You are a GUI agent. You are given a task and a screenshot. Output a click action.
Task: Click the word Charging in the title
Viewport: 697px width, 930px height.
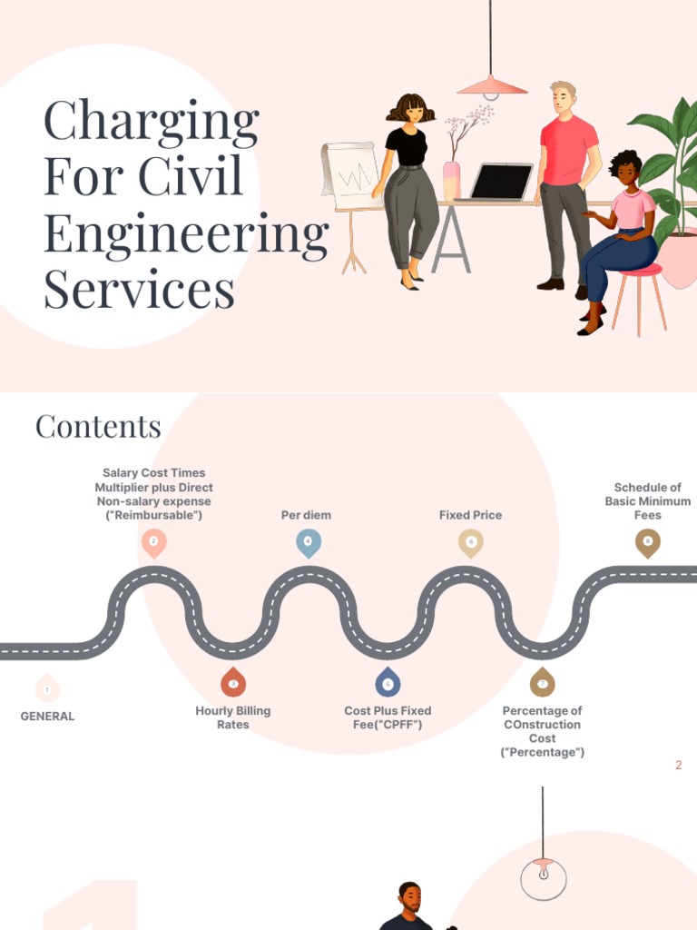[x=152, y=124]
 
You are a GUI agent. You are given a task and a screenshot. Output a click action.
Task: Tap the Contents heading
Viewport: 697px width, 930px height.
[x=98, y=426]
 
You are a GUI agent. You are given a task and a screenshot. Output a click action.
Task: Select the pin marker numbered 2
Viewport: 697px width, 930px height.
[x=153, y=542]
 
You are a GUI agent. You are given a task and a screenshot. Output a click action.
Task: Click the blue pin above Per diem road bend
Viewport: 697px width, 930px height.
[x=309, y=542]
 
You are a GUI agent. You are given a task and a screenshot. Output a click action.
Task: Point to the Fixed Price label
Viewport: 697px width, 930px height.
[x=470, y=515]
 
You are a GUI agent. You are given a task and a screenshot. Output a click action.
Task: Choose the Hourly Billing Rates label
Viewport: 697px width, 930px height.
[x=233, y=717]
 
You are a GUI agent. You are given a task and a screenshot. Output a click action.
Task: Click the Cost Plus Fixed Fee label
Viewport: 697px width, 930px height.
[x=388, y=717]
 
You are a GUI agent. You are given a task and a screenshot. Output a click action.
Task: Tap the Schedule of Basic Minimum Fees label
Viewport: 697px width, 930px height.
[x=648, y=501]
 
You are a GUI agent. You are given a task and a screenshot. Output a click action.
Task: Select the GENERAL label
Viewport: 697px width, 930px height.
[x=47, y=717]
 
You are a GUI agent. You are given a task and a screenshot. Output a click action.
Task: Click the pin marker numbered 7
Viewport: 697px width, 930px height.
[x=542, y=683]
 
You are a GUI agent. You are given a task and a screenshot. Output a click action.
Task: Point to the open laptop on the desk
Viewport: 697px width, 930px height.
[x=500, y=182]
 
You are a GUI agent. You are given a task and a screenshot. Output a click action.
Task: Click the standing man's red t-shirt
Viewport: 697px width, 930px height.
[x=569, y=150]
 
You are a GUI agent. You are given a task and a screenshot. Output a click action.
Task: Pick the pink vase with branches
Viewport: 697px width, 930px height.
[x=451, y=180]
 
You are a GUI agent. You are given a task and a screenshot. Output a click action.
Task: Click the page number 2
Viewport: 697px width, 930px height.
[x=678, y=766]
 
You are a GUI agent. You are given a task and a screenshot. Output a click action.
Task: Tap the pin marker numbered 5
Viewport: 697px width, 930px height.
[x=388, y=683]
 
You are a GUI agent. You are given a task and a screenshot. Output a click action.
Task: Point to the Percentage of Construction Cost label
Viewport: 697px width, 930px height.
[x=542, y=731]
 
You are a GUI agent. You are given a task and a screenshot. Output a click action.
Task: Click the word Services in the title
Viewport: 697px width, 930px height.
[x=139, y=291]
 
